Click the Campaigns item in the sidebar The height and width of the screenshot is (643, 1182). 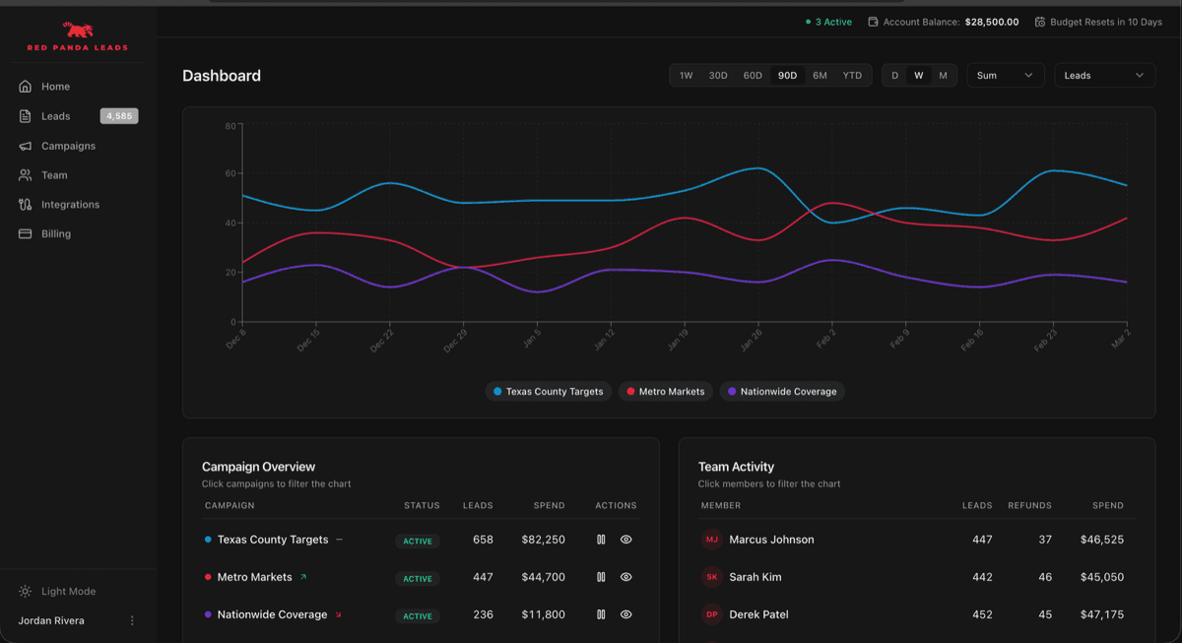tap(68, 146)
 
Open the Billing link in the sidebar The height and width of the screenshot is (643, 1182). tap(55, 234)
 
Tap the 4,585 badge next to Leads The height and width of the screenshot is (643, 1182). tap(119, 116)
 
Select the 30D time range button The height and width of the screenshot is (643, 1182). tap(718, 76)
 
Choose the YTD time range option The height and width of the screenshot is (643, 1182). tap(852, 76)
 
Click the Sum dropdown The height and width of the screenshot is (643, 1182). tap(1005, 76)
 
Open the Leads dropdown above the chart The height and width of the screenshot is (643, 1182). tap(1104, 76)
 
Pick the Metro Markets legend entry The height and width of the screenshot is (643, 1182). tap(666, 392)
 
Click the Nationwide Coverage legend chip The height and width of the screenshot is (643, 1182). tap(782, 392)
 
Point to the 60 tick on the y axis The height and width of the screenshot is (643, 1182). tap(230, 174)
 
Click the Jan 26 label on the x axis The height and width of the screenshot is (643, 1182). tap(751, 340)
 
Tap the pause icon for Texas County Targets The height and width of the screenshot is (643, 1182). tap(601, 540)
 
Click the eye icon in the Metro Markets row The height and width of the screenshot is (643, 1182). tap(625, 577)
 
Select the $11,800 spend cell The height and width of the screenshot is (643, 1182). tap(543, 614)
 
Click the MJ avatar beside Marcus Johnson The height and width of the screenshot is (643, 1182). tap(711, 540)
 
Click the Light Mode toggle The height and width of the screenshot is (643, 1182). tap(68, 592)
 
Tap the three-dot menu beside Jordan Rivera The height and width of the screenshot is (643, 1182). tap(132, 621)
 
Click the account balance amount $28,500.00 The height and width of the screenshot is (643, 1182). tap(991, 22)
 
